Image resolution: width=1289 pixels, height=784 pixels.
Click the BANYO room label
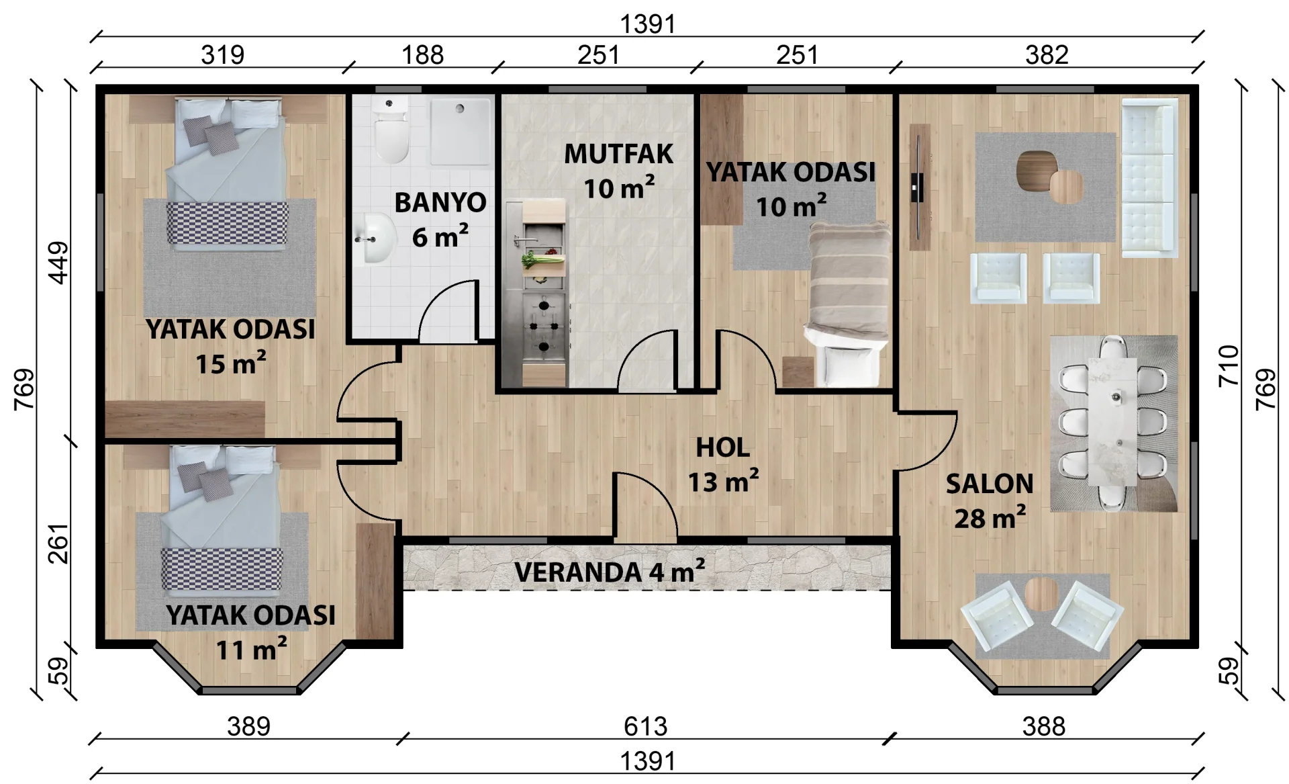(440, 202)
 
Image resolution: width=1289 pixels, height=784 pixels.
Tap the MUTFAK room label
(618, 154)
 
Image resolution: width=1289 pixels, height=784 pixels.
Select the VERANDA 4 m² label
(610, 572)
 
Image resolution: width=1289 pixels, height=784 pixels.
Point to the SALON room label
(990, 484)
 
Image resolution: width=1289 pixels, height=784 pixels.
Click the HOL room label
(722, 447)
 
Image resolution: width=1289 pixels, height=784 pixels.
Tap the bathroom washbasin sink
(375, 238)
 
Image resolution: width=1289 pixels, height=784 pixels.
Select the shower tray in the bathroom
(460, 132)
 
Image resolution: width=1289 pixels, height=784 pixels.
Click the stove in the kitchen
(544, 326)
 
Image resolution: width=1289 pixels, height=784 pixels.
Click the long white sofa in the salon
(1149, 178)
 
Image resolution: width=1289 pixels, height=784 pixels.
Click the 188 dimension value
(422, 55)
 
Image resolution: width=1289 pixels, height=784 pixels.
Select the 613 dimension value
(645, 726)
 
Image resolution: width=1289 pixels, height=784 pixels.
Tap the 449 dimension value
(59, 263)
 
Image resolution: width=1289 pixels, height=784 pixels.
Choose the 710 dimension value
(1228, 365)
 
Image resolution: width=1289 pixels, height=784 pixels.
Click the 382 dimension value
(1047, 55)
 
